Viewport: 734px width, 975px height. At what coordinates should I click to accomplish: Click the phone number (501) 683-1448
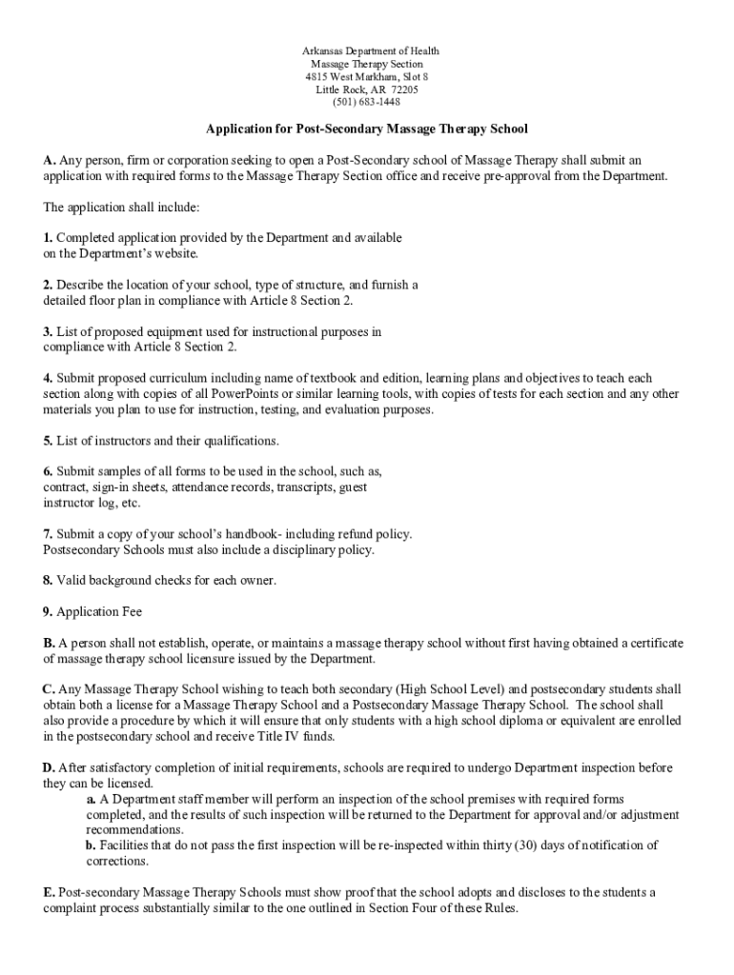[366, 103]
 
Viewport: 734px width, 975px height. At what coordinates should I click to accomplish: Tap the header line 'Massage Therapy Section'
[367, 64]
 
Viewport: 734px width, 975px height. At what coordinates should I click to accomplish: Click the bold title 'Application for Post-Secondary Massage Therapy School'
[367, 128]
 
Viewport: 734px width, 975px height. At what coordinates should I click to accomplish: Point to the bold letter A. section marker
[50, 160]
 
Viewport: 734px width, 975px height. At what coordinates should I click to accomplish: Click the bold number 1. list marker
[48, 238]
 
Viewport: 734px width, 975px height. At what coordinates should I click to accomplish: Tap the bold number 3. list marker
[48, 331]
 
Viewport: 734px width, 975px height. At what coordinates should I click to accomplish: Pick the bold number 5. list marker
[48, 441]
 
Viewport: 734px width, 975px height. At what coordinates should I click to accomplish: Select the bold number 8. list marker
[48, 580]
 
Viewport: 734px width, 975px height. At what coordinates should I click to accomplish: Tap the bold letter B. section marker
[49, 643]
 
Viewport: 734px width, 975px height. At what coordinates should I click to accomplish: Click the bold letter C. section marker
[49, 688]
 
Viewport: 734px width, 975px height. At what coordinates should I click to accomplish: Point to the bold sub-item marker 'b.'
[91, 845]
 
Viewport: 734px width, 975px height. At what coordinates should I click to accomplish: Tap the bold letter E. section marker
[49, 892]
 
